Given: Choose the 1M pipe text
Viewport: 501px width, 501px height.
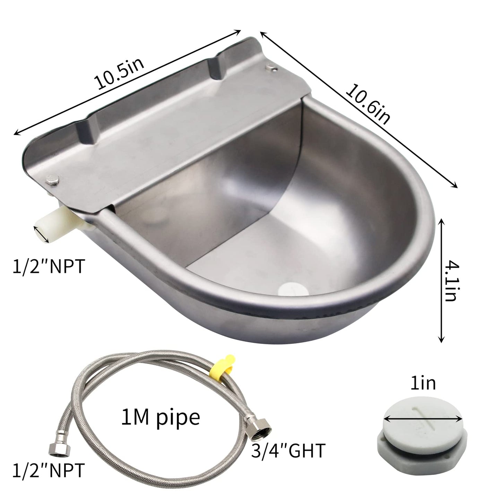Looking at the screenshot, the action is [161, 417].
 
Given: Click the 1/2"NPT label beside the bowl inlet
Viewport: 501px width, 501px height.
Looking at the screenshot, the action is [49, 266].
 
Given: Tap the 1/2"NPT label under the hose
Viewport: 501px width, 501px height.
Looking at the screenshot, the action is [49, 470].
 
